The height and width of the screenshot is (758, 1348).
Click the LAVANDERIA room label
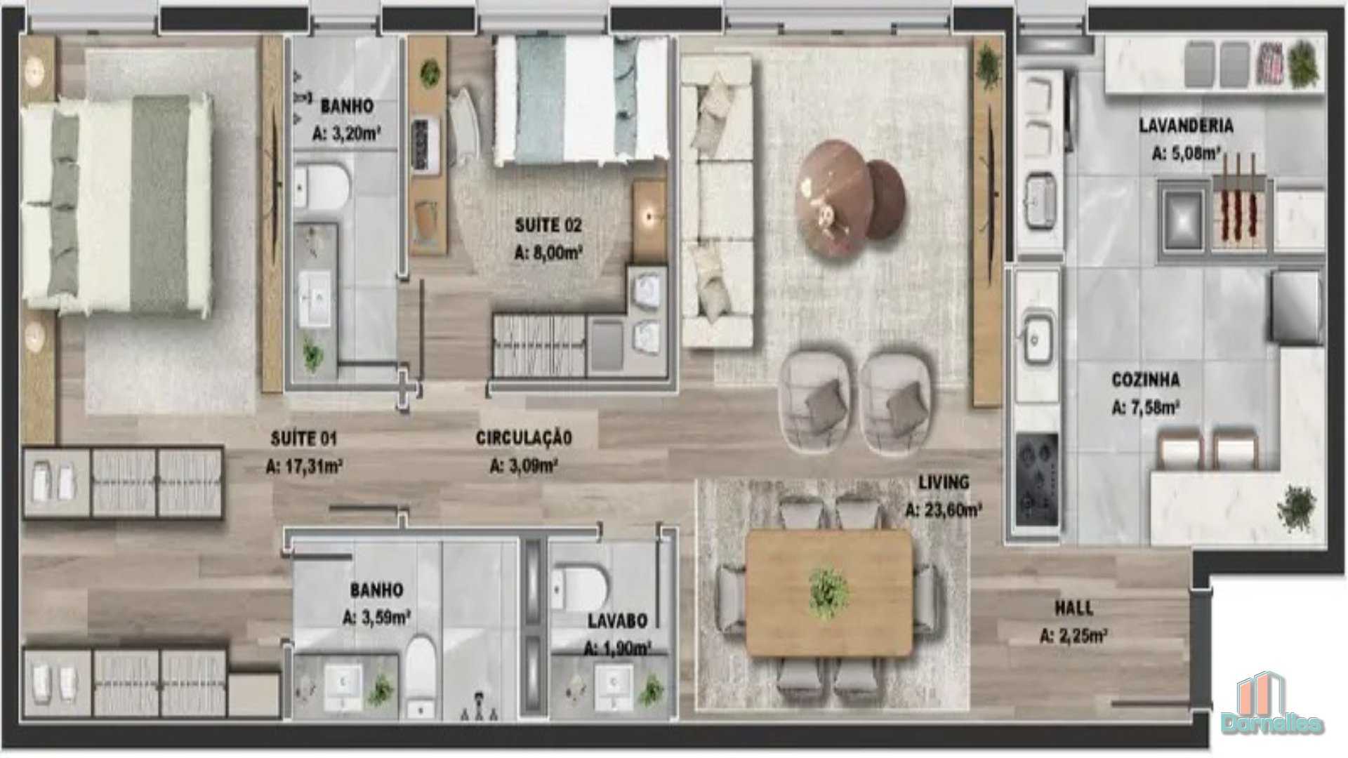tap(1186, 126)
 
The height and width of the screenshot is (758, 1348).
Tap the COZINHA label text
tap(1146, 380)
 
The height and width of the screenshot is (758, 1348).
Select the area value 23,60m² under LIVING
tap(943, 510)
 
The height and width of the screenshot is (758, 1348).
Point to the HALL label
tap(1073, 608)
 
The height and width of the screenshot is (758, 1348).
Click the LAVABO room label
tap(618, 620)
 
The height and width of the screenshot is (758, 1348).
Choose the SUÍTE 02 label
tap(548, 225)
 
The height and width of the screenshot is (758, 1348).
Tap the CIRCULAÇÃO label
tap(524, 438)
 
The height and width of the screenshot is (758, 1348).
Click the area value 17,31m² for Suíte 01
tap(304, 465)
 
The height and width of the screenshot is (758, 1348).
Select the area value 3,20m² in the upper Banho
tap(346, 133)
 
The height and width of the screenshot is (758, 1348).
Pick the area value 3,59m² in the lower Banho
tap(376, 618)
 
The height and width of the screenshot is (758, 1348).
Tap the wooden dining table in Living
tap(829, 594)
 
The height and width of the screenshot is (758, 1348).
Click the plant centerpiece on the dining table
tap(829, 594)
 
